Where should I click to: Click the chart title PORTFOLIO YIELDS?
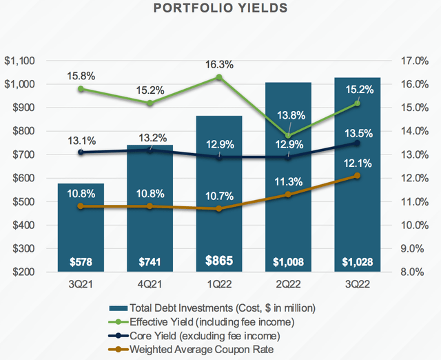click(221, 10)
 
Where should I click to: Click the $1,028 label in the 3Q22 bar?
click(357, 261)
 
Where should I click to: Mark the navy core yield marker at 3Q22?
click(356, 143)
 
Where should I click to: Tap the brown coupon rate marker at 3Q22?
click(356, 176)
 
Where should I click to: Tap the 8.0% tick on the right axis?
click(416, 272)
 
